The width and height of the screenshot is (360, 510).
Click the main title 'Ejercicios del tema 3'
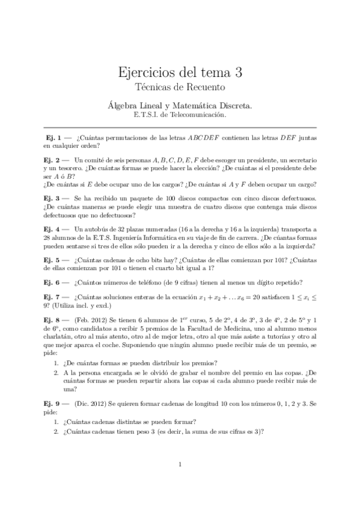[x=180, y=73]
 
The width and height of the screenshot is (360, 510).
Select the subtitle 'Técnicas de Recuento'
[x=180, y=88]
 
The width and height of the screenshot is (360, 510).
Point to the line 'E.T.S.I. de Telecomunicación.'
[x=180, y=113]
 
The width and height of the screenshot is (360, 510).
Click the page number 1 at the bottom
[x=180, y=464]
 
